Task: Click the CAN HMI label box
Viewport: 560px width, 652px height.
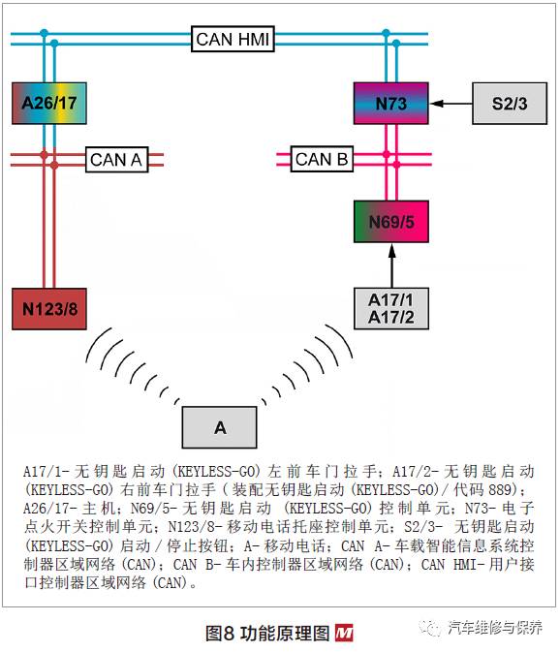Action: coord(233,39)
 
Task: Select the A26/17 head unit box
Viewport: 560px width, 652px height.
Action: coord(49,103)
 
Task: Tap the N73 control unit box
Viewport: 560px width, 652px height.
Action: coord(390,103)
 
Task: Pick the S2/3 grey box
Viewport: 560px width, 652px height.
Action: coord(510,103)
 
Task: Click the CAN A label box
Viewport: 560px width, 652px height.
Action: coord(117,159)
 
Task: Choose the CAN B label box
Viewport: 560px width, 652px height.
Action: coord(322,159)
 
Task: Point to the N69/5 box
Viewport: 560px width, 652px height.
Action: coord(390,222)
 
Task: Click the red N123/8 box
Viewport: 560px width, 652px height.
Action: coord(49,309)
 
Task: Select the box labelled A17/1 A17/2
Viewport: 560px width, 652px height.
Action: coord(390,308)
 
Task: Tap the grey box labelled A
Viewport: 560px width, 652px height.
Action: coord(220,427)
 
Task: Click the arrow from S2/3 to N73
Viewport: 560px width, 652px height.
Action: coord(451,103)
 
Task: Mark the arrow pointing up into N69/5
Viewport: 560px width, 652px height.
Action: coord(391,265)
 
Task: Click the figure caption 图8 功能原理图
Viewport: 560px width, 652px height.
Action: coord(267,634)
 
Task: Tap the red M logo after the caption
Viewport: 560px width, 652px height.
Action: coord(344,634)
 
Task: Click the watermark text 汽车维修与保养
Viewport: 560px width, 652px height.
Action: coord(495,628)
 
